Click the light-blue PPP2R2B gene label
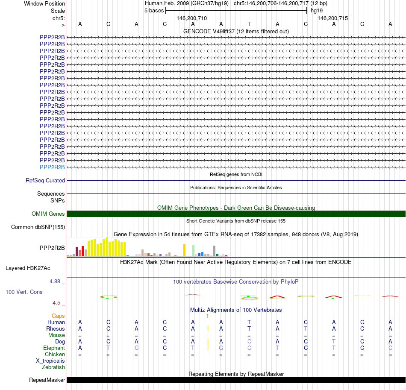click(x=52, y=167)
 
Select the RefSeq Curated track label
click(x=45, y=181)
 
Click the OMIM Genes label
click(x=48, y=214)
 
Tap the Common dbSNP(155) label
click(x=38, y=227)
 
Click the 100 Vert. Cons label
click(x=24, y=292)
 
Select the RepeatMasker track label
click(x=47, y=380)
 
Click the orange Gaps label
click(x=58, y=316)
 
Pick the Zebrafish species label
click(x=53, y=367)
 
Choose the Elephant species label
click(x=54, y=348)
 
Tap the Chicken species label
click(x=55, y=354)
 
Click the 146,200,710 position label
click(x=191, y=18)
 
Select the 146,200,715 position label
click(x=332, y=18)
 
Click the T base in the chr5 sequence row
click(x=249, y=24)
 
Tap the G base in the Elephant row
click(x=221, y=348)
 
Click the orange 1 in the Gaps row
click(x=207, y=316)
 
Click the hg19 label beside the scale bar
click(x=317, y=10)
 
